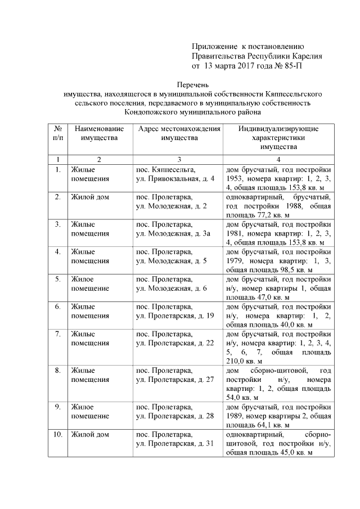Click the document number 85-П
click(x=292, y=66)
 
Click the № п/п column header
click(x=57, y=133)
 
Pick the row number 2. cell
click(x=57, y=197)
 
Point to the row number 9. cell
click(x=57, y=407)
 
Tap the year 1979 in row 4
click(x=235, y=261)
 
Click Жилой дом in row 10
click(x=90, y=435)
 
